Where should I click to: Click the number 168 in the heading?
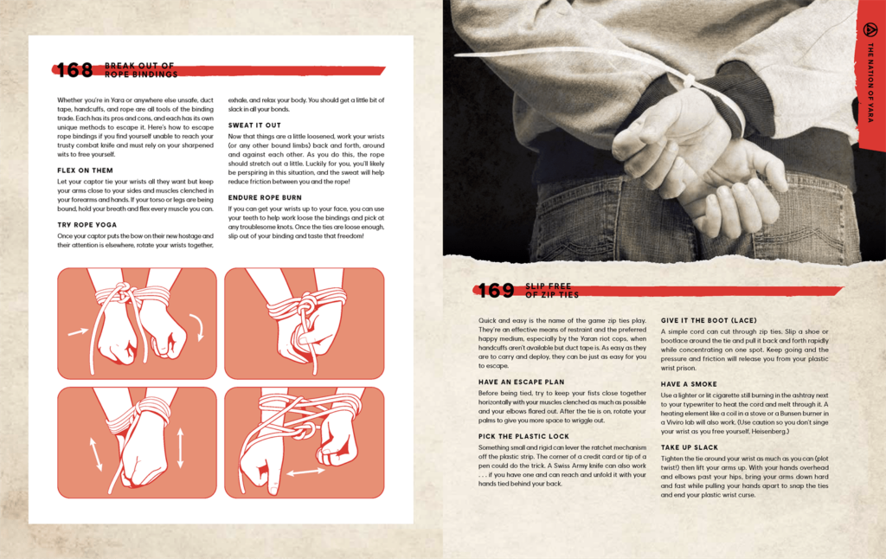74,70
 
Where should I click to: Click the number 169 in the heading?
496,291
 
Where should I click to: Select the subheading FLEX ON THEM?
85,170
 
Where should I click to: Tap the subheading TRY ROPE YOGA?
87,224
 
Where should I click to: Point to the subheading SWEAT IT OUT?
254,125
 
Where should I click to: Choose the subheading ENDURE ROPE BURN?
265,197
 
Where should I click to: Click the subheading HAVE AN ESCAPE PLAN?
521,382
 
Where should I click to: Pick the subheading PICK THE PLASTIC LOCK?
523,436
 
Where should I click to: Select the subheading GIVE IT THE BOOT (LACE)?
709,320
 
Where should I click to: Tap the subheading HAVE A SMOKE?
689,384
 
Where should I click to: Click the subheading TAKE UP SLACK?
690,447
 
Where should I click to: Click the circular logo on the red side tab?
870,29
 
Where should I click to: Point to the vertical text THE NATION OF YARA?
870,82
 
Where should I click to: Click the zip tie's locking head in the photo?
690,80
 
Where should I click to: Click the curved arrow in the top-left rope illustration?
197,328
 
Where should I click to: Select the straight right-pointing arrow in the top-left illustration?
78,331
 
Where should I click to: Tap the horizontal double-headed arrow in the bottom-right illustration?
305,472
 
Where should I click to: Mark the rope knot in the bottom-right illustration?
304,433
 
